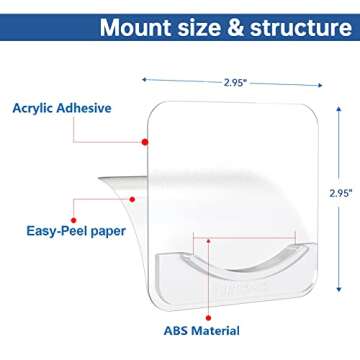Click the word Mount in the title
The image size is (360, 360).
[x=137, y=27]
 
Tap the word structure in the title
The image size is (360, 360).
[x=296, y=27]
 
